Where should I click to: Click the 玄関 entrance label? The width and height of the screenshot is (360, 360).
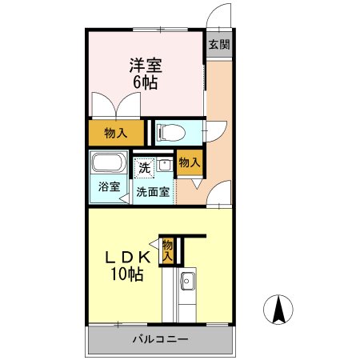click(x=219, y=44)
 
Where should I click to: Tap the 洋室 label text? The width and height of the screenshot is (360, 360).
click(x=146, y=66)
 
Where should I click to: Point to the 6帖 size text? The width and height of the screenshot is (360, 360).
click(x=146, y=82)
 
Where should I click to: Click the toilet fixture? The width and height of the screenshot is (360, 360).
click(x=171, y=133)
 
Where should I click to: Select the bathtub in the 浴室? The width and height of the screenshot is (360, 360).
click(x=109, y=162)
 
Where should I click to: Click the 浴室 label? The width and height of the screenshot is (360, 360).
click(x=109, y=186)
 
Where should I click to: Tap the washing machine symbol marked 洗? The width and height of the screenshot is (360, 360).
click(x=145, y=168)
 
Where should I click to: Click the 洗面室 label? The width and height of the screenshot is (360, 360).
click(x=153, y=192)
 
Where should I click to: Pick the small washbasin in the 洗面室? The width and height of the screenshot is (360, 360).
click(x=164, y=165)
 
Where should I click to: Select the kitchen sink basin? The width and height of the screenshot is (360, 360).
click(x=188, y=282)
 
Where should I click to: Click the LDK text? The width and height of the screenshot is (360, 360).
click(x=127, y=258)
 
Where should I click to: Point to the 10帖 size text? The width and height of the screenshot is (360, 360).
click(x=127, y=274)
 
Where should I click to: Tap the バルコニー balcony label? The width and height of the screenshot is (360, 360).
click(x=161, y=339)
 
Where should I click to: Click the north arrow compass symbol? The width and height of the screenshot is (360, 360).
click(x=278, y=310)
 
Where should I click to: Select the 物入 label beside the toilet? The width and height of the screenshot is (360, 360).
click(x=116, y=133)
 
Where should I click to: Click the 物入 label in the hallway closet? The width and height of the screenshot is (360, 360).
click(x=190, y=162)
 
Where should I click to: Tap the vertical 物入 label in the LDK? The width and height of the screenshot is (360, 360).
click(x=168, y=251)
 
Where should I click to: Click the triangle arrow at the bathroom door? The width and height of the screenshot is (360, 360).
click(x=124, y=198)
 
